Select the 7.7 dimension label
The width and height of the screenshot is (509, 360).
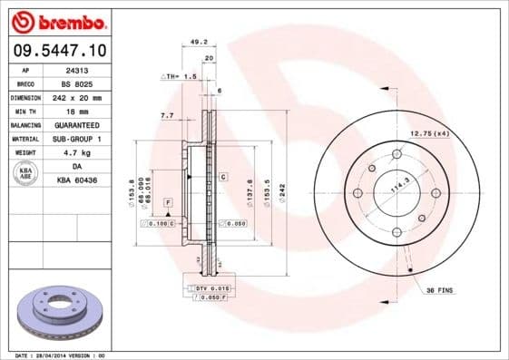click(166, 116)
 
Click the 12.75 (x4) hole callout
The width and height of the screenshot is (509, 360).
click(429, 134)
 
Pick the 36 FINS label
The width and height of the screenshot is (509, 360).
click(438, 290)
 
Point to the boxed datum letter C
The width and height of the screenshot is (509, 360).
click(222, 178)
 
